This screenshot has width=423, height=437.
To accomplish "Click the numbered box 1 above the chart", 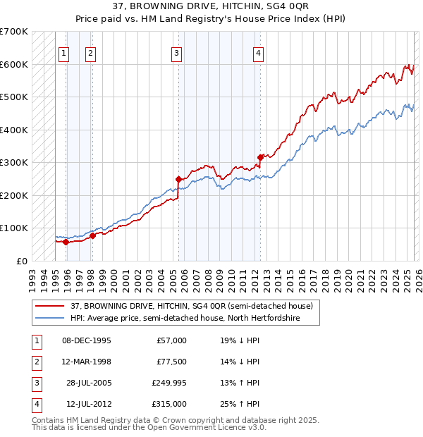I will [x=64, y=52].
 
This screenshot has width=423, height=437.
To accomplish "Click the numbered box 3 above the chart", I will [x=176, y=52].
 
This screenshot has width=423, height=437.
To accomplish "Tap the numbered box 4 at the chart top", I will [x=259, y=52].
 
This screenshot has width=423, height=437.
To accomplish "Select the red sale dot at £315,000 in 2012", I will [x=260, y=157].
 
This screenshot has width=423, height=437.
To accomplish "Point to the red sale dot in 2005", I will [x=178, y=179].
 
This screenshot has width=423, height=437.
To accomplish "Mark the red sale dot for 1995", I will [x=66, y=242].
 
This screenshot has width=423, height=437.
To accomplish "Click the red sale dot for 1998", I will [x=92, y=235].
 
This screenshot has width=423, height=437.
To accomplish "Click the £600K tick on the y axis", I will [x=14, y=64].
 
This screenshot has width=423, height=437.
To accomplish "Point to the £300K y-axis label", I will [x=14, y=162].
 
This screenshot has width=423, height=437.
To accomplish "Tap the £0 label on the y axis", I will [x=22, y=261].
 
